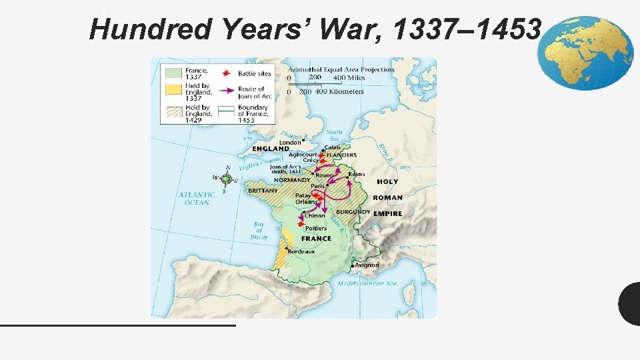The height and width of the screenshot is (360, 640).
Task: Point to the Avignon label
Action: point(367,265)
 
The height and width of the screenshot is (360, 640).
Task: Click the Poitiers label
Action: point(316,228)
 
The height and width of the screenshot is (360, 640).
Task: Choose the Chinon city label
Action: point(315,215)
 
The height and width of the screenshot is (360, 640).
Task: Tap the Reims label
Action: point(357,174)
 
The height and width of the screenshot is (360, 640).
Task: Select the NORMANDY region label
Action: point(292,180)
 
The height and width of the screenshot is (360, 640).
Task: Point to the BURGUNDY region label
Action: point(353,212)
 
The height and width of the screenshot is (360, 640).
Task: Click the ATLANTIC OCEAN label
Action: point(196,198)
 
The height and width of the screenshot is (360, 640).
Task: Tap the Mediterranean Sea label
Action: point(367,283)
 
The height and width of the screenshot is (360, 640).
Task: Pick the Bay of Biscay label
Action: point(259,231)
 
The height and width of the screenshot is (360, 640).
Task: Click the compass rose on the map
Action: point(227,179)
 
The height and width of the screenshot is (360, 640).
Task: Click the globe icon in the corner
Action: point(585,53)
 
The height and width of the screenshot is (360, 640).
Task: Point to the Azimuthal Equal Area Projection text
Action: point(341,69)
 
